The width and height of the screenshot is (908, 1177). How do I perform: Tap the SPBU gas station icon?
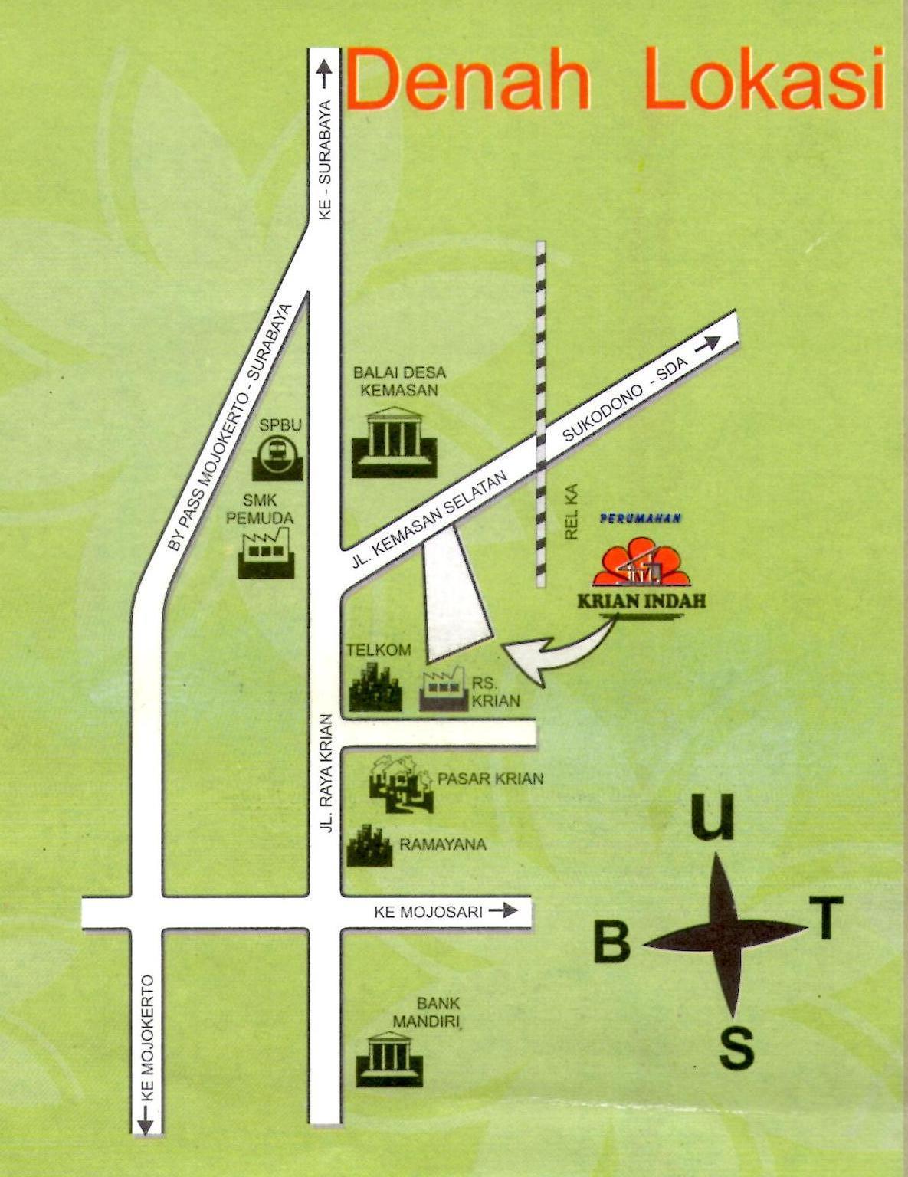tap(277, 457)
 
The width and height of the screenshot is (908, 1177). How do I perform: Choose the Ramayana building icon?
tap(369, 846)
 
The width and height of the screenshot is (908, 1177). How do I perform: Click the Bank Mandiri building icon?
tap(389, 1058)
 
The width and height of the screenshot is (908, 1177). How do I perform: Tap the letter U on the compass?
tap(713, 818)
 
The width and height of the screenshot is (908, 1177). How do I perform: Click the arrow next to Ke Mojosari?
tap(503, 910)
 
